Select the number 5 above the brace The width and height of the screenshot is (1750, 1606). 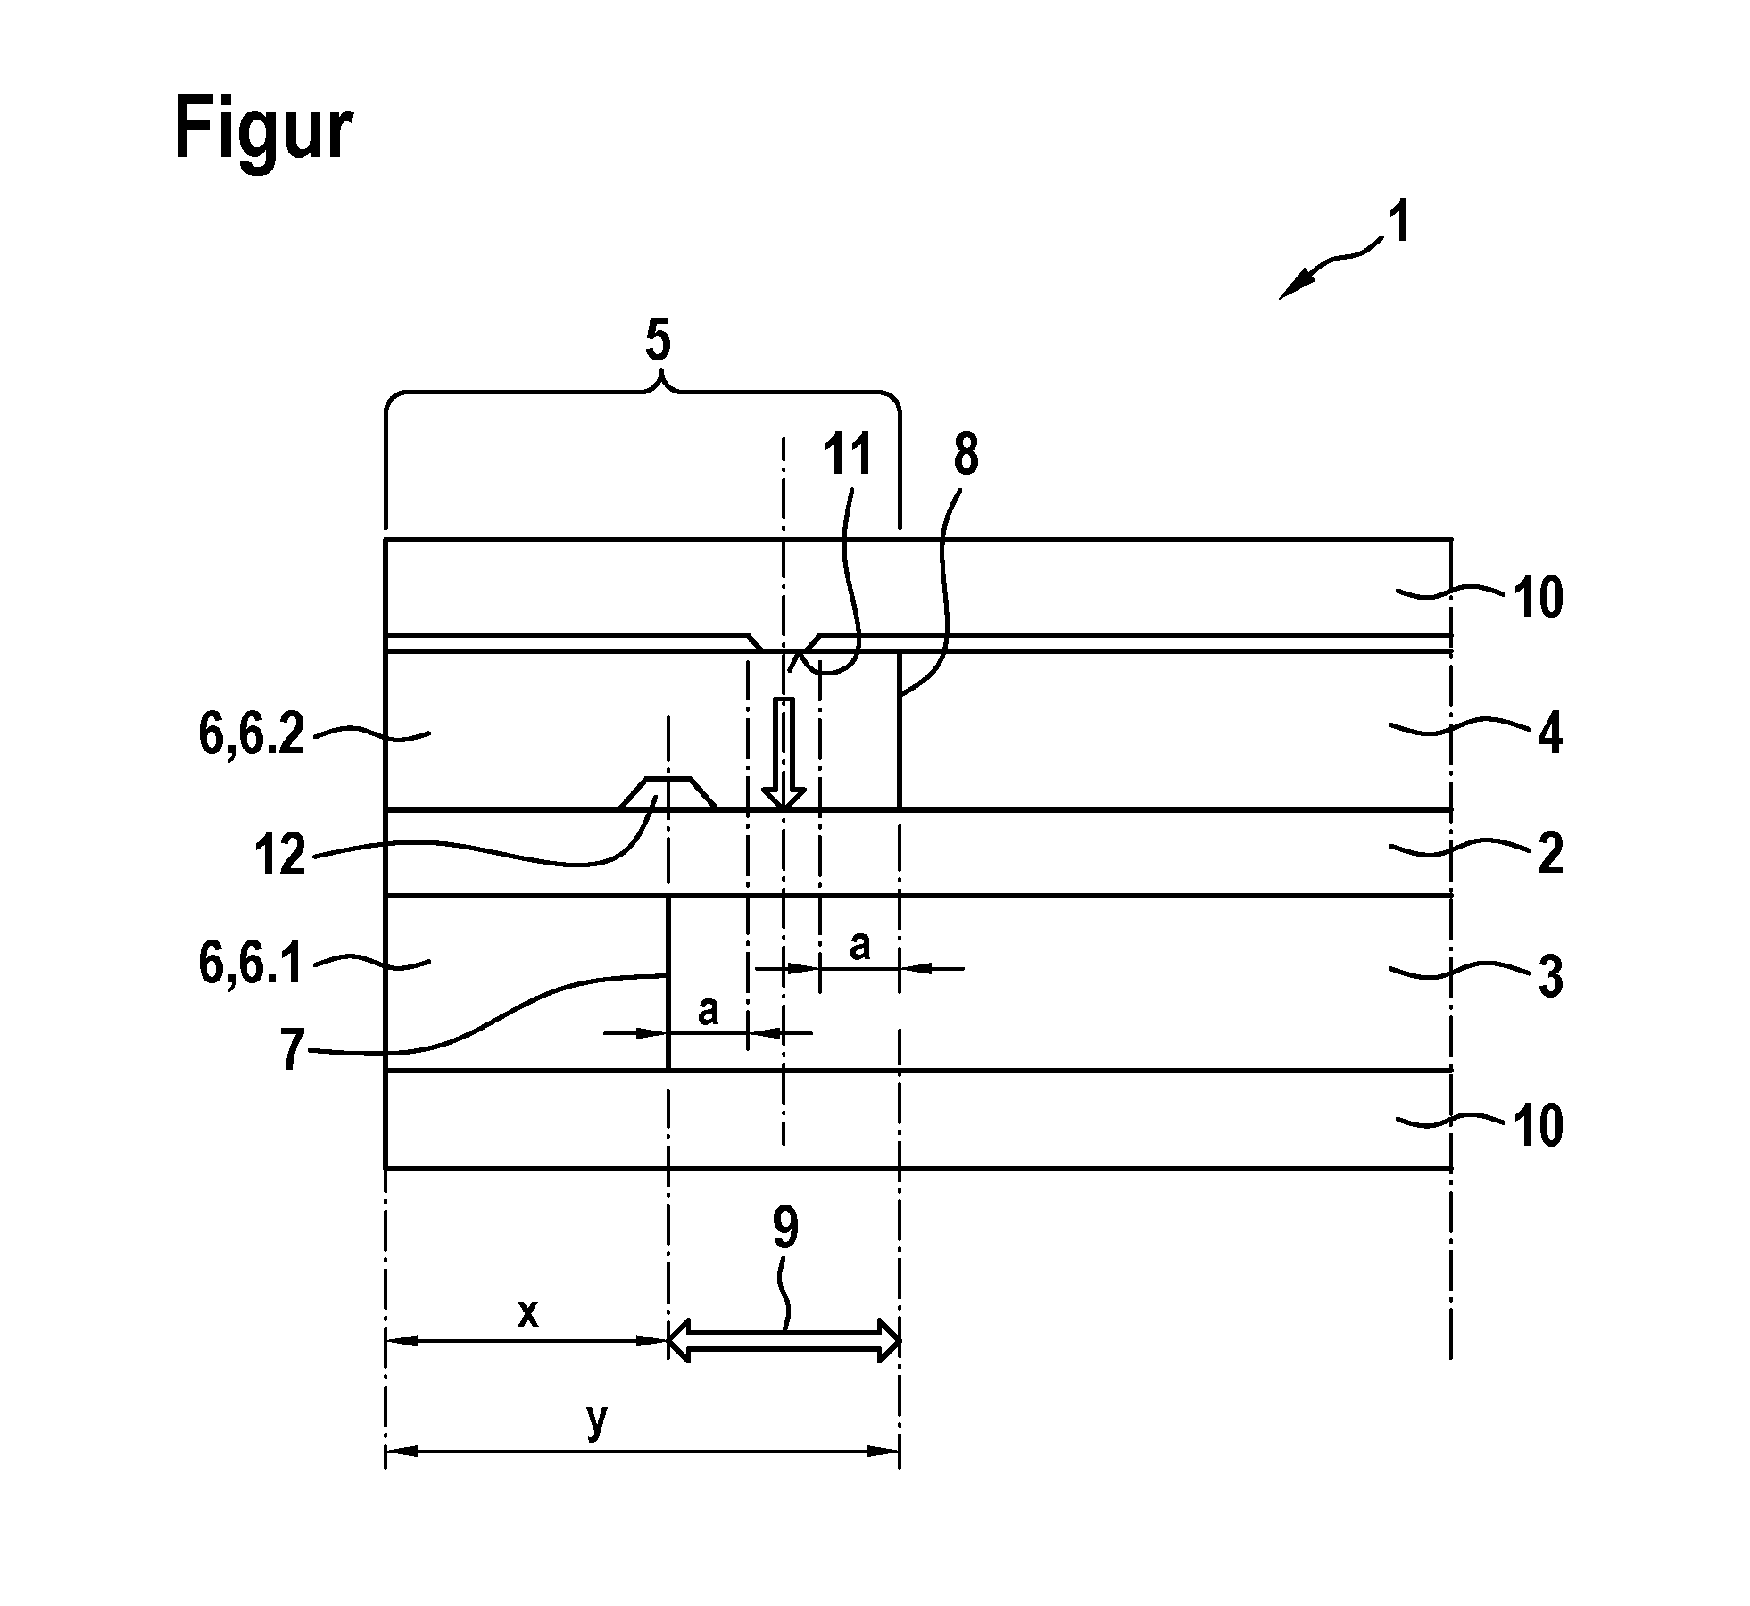pos(658,343)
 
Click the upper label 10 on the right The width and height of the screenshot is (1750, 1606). pos(1537,597)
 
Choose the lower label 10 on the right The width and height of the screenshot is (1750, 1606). pos(1537,1126)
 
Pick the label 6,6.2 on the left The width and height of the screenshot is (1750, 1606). pos(252,736)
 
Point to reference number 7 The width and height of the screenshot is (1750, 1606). pos(292,1050)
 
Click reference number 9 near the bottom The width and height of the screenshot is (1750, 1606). pos(784,1231)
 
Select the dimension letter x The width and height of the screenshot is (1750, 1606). pos(528,1312)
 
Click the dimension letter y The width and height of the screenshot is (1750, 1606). pos(597,1420)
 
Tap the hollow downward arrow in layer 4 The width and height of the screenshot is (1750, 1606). pos(783,753)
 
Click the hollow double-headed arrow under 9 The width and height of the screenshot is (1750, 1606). pos(784,1340)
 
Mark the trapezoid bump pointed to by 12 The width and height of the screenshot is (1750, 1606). pos(668,793)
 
